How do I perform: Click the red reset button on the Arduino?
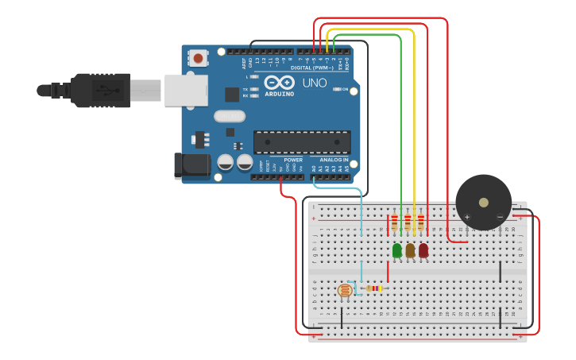pos(197,57)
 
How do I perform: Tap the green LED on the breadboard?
pos(397,250)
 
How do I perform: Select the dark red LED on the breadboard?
pos(423,250)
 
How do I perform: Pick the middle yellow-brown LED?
pos(410,250)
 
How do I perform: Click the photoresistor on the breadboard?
pos(345,291)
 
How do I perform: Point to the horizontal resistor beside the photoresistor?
pos(371,288)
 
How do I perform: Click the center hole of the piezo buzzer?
pos(483,202)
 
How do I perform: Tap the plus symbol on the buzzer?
pos(467,217)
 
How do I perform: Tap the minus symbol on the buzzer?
pos(500,217)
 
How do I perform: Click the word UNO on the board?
pos(314,83)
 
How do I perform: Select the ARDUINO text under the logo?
pos(279,94)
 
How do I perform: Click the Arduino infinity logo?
pos(279,83)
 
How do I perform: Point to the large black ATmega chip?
pos(302,142)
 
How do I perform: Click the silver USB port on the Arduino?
pos(186,90)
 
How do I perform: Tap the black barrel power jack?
pos(191,165)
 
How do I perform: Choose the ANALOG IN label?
pos(334,160)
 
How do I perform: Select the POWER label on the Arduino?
pos(293,160)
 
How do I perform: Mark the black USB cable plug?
pos(100,90)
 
